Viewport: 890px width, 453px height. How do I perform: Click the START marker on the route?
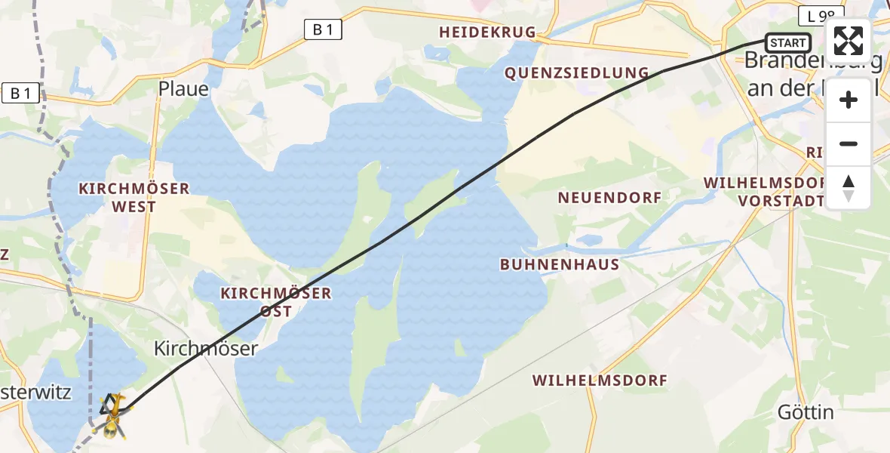coord(788,43)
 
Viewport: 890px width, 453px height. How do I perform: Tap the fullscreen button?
coord(849,41)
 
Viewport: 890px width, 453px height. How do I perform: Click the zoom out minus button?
coord(849,143)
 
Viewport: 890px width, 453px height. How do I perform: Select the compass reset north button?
coord(849,188)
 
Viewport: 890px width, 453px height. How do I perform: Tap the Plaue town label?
coord(183,88)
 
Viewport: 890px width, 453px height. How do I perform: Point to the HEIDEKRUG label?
coord(487,32)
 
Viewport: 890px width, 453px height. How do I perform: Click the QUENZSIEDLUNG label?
coord(577,73)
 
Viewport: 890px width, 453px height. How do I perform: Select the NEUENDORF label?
coord(609,198)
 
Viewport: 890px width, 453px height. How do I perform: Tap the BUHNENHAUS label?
coord(560,265)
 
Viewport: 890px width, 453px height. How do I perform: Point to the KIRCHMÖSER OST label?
coord(275,302)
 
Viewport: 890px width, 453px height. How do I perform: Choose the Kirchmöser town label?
coord(206,348)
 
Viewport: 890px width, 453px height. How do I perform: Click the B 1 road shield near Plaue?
coord(324,29)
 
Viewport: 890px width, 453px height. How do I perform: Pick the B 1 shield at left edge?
coord(20,94)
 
